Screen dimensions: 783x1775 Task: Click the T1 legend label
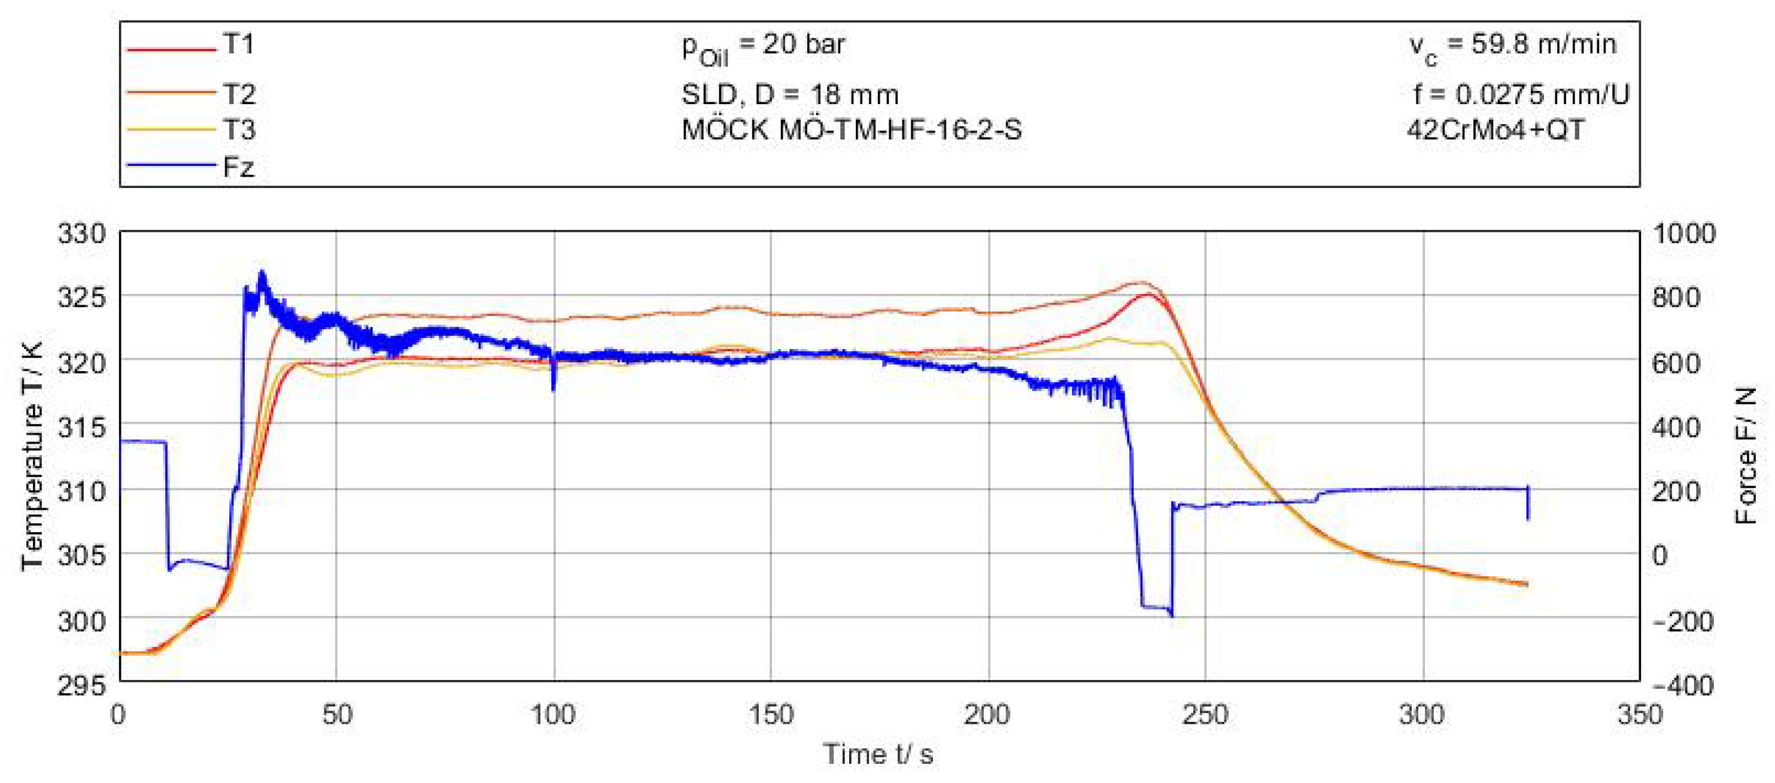point(238,44)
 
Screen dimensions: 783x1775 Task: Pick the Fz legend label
point(238,167)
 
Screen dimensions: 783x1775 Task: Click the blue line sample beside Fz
point(172,165)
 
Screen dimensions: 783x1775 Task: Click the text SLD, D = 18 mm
point(790,95)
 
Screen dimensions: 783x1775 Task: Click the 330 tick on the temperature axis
point(82,233)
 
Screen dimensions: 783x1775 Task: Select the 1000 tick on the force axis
point(1684,233)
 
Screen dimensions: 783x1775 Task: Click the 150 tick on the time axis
point(770,715)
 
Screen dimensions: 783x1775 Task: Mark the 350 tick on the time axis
point(1639,715)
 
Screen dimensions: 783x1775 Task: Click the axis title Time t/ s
point(878,754)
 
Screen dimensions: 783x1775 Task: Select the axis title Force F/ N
point(1744,456)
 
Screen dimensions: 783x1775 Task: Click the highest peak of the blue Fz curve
point(261,272)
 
